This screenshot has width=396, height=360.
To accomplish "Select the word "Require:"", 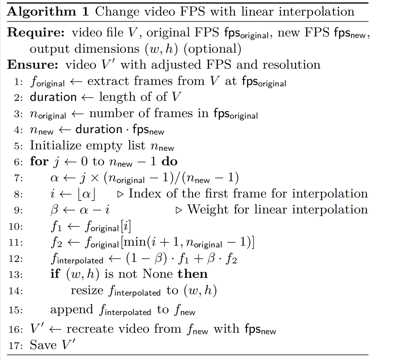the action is coord(36,33).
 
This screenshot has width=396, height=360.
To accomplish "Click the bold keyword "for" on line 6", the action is coord(39,162).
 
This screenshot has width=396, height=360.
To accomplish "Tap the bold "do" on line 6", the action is coord(170,162).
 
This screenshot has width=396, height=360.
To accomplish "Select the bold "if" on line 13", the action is coord(55,274).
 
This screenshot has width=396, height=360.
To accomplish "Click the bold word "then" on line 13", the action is coord(193,274).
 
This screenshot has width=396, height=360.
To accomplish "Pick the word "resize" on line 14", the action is coord(87,291).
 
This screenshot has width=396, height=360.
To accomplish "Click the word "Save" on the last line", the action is coord(44,345).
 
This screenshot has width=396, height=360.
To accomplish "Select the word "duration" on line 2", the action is coord(53,97).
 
